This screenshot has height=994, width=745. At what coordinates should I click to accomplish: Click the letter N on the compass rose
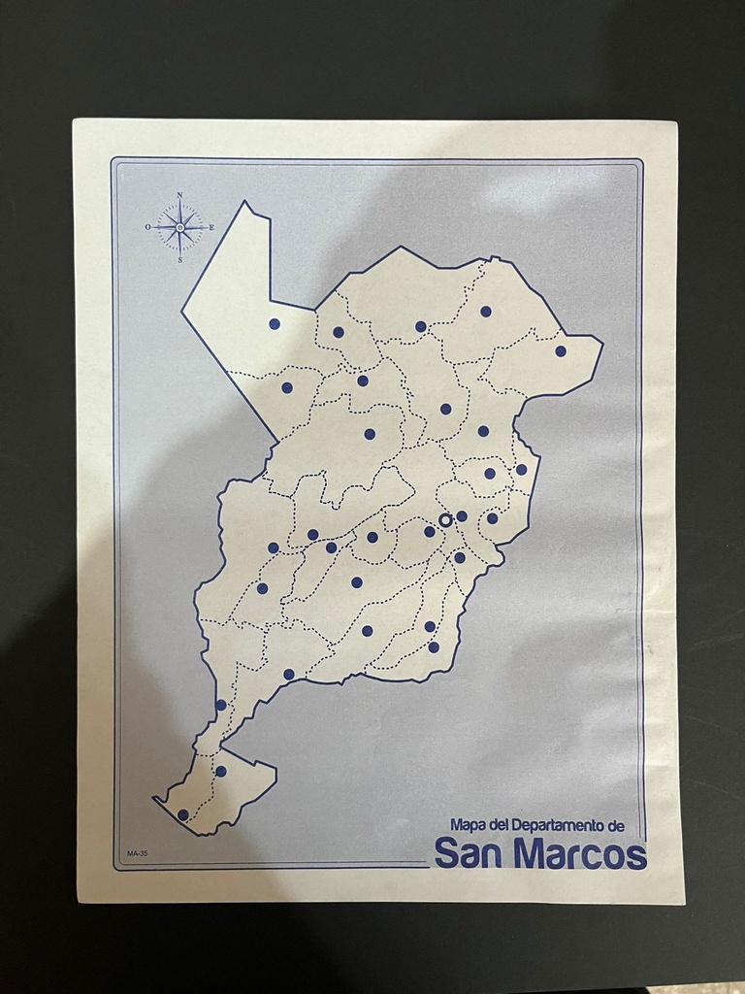click(x=179, y=194)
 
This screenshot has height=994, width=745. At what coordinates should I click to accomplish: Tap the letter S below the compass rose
click(x=179, y=259)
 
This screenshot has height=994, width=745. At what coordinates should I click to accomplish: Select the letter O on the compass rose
click(x=148, y=226)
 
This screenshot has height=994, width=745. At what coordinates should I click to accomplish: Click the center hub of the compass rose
click(x=179, y=227)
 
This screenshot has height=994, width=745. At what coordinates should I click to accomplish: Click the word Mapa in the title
click(x=469, y=825)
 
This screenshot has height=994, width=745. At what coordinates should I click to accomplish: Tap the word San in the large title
click(x=470, y=853)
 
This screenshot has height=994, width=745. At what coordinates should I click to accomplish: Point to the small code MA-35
click(x=137, y=854)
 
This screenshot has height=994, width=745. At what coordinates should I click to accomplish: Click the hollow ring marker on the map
click(x=445, y=520)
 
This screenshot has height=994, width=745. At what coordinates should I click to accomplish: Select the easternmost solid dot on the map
click(x=561, y=350)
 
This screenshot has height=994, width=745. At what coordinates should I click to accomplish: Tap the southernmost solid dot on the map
click(x=183, y=814)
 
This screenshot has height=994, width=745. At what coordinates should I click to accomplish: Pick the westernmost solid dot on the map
click(x=183, y=814)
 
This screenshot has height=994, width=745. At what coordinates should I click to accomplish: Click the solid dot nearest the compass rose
click(x=275, y=323)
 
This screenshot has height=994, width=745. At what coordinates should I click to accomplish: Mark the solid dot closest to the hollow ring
click(x=462, y=515)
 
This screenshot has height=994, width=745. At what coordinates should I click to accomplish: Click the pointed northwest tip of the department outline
click(x=245, y=202)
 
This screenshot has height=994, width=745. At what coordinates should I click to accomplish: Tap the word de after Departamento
click(x=625, y=825)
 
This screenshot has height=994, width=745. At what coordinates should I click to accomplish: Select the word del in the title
click(x=500, y=825)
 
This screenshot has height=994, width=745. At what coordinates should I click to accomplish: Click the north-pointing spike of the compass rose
click(x=179, y=208)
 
